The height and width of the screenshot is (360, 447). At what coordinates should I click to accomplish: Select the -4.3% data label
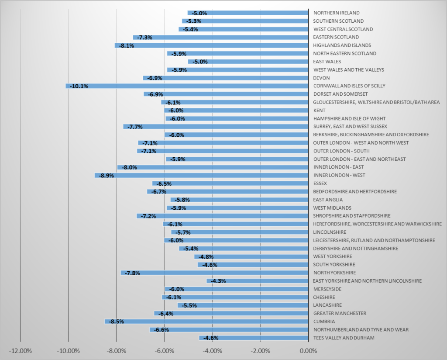pyautogui.click(x=218, y=281)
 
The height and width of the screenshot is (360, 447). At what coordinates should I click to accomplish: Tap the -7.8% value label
pyautogui.click(x=132, y=273)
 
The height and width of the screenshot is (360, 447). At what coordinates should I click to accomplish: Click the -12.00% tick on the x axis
pyautogui.click(x=21, y=351)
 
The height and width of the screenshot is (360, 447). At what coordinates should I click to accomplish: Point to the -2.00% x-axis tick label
pyautogui.click(x=260, y=351)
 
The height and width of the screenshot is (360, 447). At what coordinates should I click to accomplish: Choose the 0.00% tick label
pyautogui.click(x=308, y=351)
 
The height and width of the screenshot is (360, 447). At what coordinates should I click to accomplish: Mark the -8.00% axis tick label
pyautogui.click(x=117, y=351)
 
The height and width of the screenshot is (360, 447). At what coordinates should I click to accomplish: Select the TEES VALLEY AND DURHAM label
pyautogui.click(x=344, y=338)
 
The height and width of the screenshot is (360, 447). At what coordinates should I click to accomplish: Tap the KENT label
pyautogui.click(x=320, y=111)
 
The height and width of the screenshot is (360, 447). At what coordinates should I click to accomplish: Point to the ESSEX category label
pyautogui.click(x=320, y=183)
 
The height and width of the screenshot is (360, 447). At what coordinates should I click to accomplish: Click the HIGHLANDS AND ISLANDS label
pyautogui.click(x=342, y=45)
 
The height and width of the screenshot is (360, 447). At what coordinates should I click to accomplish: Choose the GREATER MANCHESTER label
pyautogui.click(x=340, y=313)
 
